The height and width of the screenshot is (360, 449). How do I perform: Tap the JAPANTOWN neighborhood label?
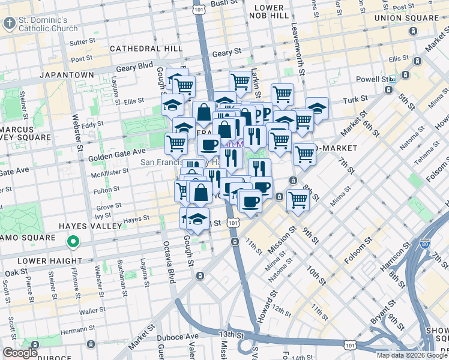pos(67,75)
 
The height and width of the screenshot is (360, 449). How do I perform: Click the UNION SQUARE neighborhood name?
pos(406,18)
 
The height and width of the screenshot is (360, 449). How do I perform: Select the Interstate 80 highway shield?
pos(425,244)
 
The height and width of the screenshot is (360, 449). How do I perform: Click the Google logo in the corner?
pos(20,352)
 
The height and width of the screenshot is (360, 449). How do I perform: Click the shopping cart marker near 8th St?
pos(297,199)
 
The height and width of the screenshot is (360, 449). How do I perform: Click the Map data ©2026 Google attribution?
pos(411,355)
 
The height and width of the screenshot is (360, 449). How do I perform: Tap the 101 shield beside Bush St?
pos(198,9)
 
